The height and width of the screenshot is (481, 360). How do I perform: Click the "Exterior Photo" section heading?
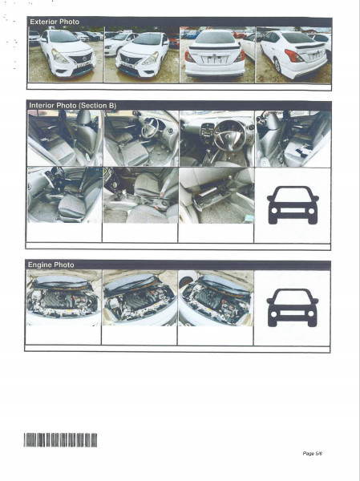click(54, 22)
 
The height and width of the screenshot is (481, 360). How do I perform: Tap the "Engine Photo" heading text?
click(51, 265)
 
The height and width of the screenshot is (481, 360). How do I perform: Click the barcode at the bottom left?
click(60, 439)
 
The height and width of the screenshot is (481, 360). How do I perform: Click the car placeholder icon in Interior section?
click(292, 204)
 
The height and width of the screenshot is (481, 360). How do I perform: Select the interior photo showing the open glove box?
click(216, 195)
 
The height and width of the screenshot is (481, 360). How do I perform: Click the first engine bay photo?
click(63, 297)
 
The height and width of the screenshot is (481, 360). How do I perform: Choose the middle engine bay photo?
click(140, 297)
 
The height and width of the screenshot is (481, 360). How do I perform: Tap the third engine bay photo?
click(216, 297)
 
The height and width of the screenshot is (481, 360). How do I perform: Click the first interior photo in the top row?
click(64, 138)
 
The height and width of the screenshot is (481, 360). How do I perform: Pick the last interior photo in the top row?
click(292, 138)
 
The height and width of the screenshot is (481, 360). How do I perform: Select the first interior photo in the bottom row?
click(64, 195)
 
